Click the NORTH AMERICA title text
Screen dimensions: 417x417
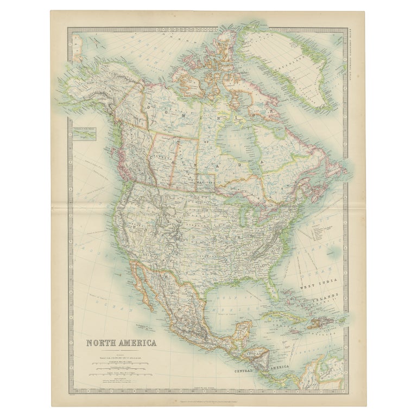coord(122,343)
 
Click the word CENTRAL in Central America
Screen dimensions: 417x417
coord(249,371)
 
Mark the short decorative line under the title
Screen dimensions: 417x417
coord(121,351)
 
